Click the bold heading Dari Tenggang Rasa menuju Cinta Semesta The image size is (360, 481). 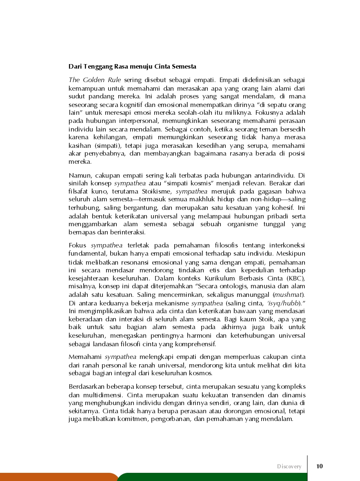132,66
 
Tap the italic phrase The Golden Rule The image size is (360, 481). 95,79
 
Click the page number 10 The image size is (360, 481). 320,466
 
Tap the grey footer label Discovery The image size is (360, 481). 289,466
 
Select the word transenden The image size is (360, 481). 258,395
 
